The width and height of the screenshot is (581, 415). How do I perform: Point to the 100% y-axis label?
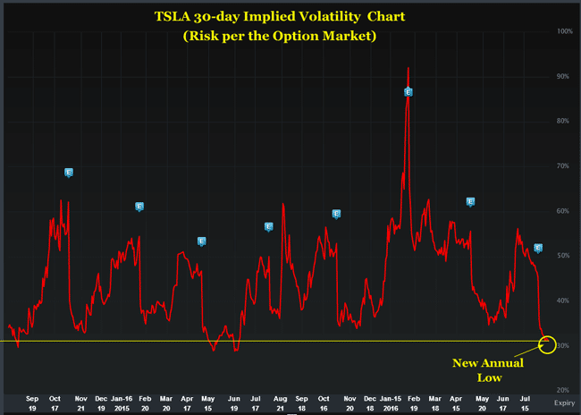(565, 31)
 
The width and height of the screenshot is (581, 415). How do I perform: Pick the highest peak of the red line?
(408, 68)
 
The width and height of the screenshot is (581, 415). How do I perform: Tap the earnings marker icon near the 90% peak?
(408, 91)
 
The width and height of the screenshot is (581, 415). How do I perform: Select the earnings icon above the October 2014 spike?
(69, 173)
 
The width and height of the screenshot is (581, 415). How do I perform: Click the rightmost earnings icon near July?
(538, 248)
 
